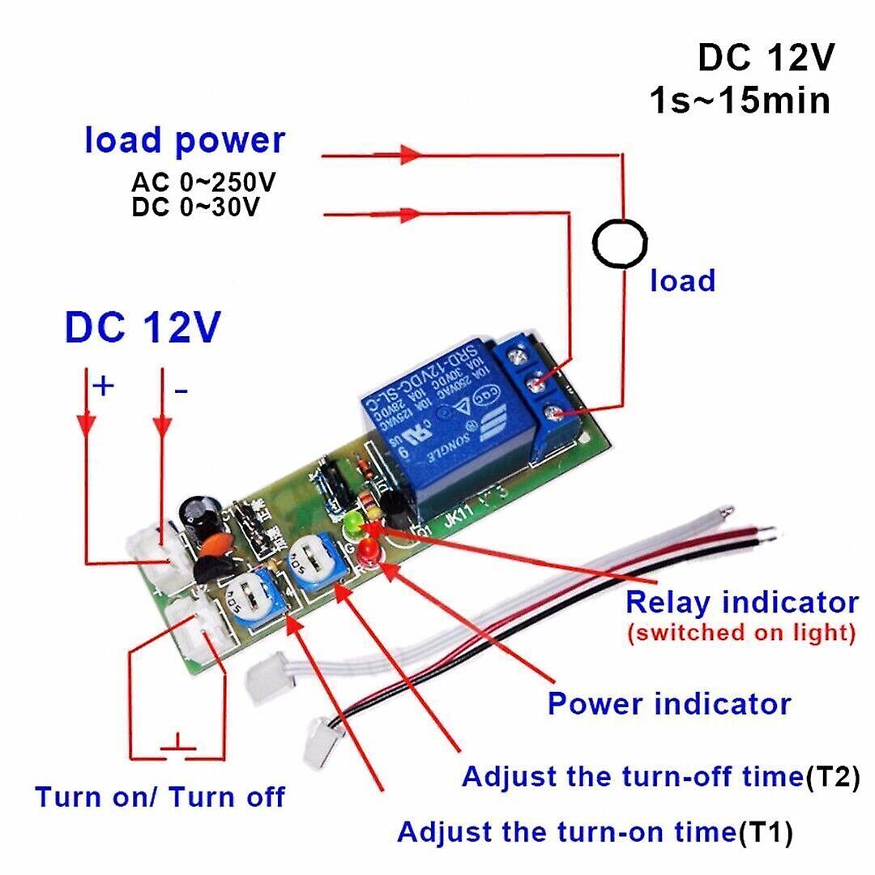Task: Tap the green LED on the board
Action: tap(354, 525)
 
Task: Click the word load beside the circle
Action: tap(683, 281)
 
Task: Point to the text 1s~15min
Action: tap(740, 102)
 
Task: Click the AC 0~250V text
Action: tap(203, 181)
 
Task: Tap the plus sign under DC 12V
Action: tap(103, 386)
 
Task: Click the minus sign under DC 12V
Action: tap(181, 392)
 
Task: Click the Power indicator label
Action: tap(668, 703)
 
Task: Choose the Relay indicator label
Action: tap(741, 603)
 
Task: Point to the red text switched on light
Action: tap(741, 633)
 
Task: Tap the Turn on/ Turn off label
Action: tap(160, 796)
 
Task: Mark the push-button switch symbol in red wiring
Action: tap(177, 743)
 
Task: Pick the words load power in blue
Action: tap(185, 140)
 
